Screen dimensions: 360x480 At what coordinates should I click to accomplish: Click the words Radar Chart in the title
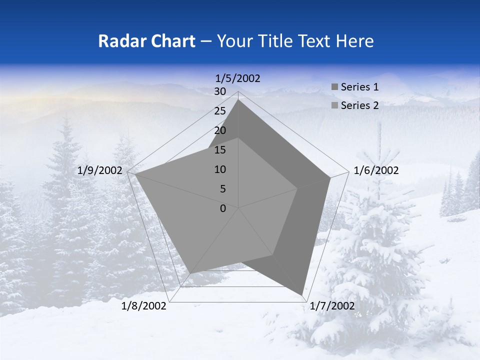(146, 41)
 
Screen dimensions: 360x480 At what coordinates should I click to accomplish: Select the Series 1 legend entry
(355, 87)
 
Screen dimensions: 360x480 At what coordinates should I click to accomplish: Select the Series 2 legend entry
(355, 105)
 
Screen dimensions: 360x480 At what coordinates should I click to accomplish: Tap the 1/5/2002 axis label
(238, 78)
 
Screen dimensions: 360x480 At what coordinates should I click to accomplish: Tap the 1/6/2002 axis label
(376, 170)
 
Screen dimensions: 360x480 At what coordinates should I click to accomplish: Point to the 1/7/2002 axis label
(332, 306)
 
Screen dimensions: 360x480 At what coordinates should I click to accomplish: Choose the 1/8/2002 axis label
(144, 306)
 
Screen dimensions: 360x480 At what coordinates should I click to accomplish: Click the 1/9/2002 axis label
(100, 170)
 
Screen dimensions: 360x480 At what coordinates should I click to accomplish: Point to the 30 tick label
(220, 91)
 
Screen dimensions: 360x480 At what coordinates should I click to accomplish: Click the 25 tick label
(220, 111)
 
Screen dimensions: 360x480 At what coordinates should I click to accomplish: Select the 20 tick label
(220, 130)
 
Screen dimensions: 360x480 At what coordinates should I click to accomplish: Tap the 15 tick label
(220, 150)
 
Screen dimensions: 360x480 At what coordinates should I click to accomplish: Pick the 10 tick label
(220, 169)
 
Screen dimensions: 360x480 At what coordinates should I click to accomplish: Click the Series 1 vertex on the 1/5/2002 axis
(238, 99)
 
